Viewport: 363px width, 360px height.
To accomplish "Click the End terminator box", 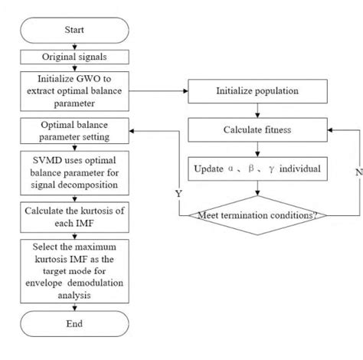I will point(74,324).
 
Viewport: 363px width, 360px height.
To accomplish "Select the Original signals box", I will point(74,56).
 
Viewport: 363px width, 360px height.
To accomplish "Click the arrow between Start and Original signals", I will point(74,46).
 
